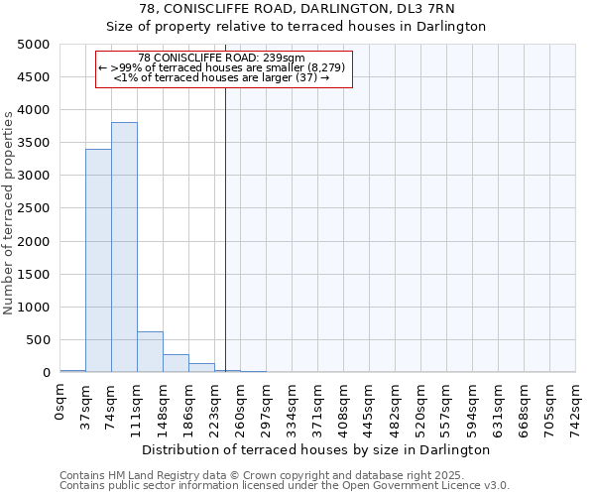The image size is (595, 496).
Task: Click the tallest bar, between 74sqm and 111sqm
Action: [124, 247]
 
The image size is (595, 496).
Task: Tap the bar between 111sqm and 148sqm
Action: [150, 352]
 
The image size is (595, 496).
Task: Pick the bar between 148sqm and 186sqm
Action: [176, 363]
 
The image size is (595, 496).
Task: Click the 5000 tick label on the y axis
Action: [34, 45]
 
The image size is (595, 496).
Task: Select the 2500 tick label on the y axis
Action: [34, 208]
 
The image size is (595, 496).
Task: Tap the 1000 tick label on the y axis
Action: [34, 308]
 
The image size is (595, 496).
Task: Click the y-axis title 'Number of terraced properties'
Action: [10, 212]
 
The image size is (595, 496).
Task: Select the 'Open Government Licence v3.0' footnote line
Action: [285, 486]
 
